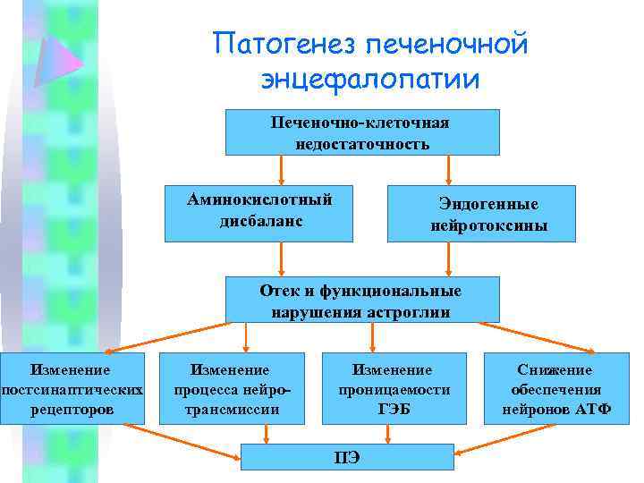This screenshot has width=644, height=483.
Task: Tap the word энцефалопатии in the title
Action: [x=370, y=79]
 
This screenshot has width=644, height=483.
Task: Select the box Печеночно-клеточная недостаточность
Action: [x=361, y=132]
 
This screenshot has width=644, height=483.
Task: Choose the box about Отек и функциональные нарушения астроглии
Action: [x=360, y=301]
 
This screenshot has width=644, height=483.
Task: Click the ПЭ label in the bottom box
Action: [x=347, y=458]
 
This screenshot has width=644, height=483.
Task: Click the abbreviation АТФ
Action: [x=592, y=410]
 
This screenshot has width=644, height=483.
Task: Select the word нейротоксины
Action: [x=488, y=226]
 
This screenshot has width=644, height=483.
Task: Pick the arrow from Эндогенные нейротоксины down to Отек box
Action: [x=447, y=259]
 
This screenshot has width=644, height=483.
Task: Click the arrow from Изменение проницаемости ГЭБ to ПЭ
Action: [x=388, y=434]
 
